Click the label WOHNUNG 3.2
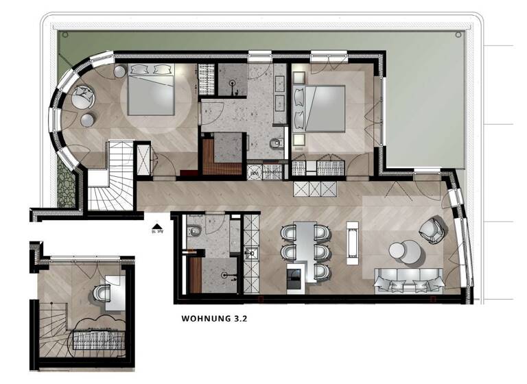(213, 319)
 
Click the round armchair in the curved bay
(85, 97)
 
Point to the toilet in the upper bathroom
(276, 145)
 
